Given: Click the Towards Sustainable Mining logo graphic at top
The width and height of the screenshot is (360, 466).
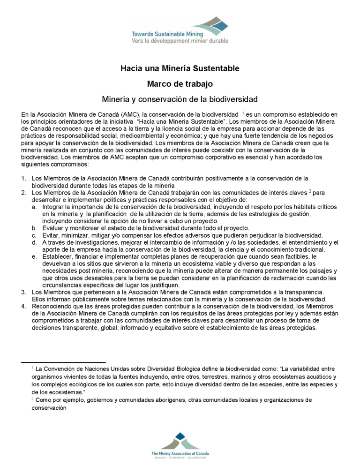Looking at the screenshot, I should click(180, 31).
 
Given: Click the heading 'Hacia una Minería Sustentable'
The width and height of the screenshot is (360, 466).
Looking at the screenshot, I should click(180, 68).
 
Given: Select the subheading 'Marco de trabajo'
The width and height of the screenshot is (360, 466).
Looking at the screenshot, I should click(180, 84).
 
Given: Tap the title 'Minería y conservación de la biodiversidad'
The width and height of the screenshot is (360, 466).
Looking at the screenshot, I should click(180, 99).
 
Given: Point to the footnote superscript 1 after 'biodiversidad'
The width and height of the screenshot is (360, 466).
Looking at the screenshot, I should click(243, 113).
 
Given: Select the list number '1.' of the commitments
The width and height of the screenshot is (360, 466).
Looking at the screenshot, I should click(24, 178).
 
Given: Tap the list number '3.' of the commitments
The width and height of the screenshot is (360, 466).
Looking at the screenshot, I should click(24, 292).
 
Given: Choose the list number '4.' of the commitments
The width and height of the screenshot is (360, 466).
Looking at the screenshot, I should click(24, 307).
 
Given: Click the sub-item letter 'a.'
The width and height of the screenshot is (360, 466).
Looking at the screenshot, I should click(35, 207).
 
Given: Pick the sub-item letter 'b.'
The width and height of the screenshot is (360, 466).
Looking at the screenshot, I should click(35, 228).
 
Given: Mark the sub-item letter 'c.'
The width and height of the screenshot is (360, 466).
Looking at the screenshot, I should click(35, 235).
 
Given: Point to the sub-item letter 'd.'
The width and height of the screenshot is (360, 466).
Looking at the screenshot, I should click(35, 242).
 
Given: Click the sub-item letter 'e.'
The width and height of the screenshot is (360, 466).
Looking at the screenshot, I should click(35, 257).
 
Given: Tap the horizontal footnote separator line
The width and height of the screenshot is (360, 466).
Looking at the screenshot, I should click(63, 362).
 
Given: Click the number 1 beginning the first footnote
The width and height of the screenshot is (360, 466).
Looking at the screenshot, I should click(32, 368).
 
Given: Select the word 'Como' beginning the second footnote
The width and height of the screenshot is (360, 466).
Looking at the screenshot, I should click(43, 400).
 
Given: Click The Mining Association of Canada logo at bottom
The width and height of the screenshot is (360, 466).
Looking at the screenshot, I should click(180, 446).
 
